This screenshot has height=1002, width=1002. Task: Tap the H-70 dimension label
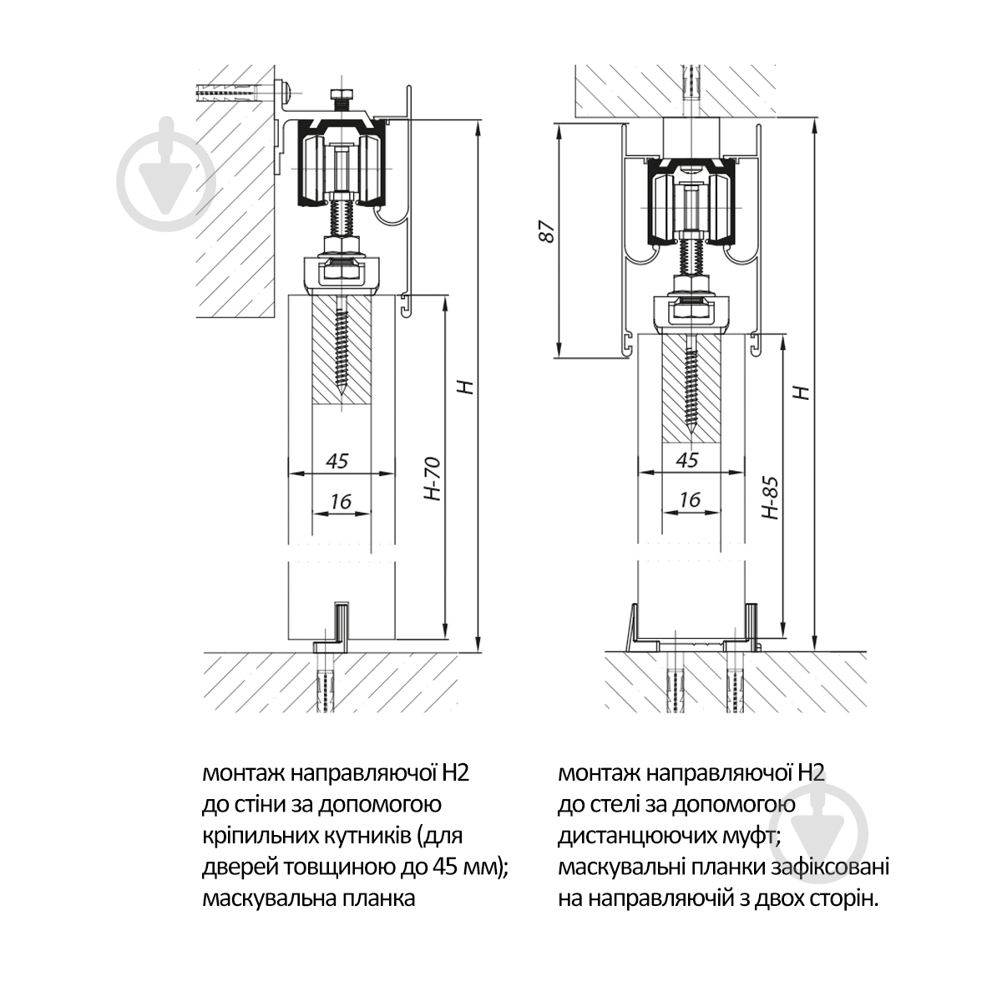(x=433, y=479)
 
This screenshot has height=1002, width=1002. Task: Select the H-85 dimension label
(x=770, y=498)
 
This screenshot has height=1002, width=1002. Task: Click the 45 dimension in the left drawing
(x=337, y=461)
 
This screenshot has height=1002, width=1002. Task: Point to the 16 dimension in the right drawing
(x=691, y=499)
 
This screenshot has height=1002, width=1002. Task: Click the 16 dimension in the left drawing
(x=342, y=501)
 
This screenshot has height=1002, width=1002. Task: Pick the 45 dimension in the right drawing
(x=687, y=459)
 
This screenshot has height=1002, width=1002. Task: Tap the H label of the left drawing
(x=468, y=387)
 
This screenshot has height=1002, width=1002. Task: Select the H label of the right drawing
(x=803, y=392)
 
